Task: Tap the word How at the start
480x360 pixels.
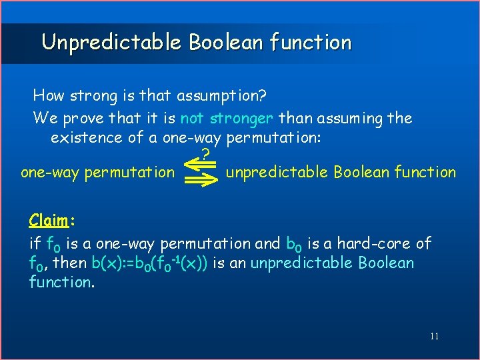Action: click(48, 95)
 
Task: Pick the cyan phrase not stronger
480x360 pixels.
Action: click(227, 119)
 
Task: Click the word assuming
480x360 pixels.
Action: click(343, 119)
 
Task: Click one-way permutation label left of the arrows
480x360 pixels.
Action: click(97, 173)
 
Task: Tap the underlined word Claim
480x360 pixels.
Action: click(46, 220)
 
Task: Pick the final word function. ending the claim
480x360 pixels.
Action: click(61, 282)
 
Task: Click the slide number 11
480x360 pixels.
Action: click(434, 336)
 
